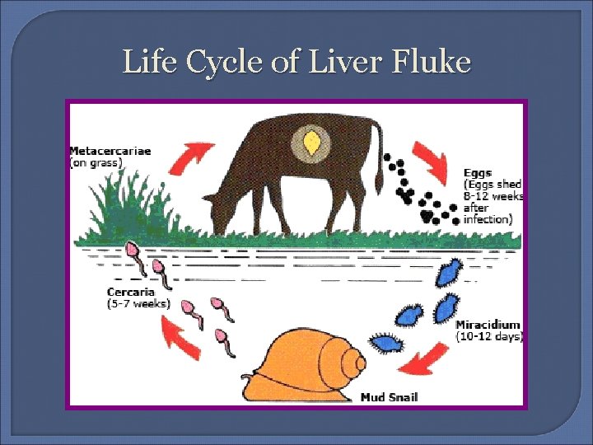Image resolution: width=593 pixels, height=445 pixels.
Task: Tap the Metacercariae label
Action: (110, 151)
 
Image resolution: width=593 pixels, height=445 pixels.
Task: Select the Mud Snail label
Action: (389, 397)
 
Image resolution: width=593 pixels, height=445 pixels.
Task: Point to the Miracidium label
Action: (488, 325)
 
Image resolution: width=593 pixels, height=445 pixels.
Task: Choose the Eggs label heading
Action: (478, 173)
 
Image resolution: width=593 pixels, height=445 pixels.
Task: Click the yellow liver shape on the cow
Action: (311, 142)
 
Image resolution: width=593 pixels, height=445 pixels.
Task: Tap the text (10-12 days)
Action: (489, 336)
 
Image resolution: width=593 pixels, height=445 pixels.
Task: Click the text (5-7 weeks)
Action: (138, 303)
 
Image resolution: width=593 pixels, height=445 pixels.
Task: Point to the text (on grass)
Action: (96, 162)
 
